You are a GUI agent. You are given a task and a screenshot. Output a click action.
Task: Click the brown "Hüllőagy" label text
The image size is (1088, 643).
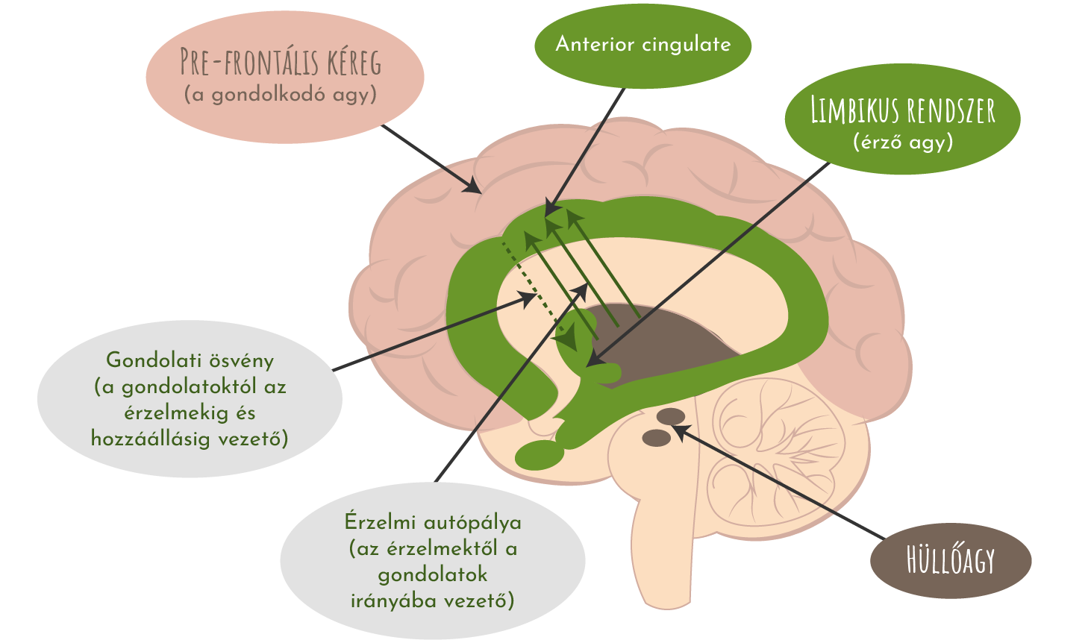tap(951, 560)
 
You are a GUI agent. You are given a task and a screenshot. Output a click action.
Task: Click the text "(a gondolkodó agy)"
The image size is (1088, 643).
tap(281, 95)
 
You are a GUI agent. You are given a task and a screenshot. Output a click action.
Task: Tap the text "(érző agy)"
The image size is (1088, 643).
tap(903, 142)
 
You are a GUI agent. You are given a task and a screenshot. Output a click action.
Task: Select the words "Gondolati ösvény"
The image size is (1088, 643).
tap(190, 360)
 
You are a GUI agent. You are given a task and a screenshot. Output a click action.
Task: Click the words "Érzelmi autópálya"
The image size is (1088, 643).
tap(433, 522)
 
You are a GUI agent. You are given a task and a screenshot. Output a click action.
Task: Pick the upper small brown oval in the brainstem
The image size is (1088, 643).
tap(669, 416)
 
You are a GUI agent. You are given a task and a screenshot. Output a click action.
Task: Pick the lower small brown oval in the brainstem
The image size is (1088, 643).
tap(657, 438)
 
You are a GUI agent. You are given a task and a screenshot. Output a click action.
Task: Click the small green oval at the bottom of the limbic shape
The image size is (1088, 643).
tap(539, 454)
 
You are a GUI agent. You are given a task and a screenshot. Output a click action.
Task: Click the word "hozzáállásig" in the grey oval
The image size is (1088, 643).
tap(151, 439)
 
